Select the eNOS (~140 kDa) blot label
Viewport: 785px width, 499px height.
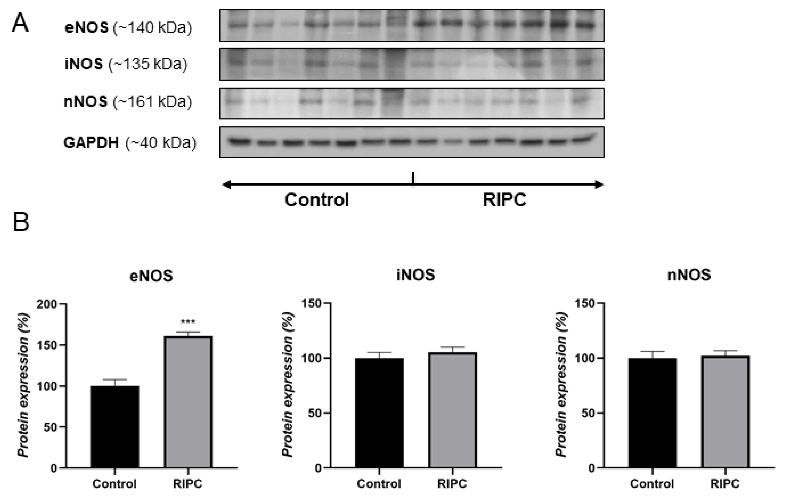click(x=128, y=27)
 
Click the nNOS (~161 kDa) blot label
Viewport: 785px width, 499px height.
click(x=128, y=101)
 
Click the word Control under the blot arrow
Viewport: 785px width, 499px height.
click(x=317, y=200)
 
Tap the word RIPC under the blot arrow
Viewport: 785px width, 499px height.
click(x=504, y=200)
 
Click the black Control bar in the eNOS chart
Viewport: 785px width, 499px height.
click(x=115, y=427)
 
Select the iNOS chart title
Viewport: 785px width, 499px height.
click(x=415, y=275)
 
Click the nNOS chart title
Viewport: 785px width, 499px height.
click(x=689, y=275)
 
